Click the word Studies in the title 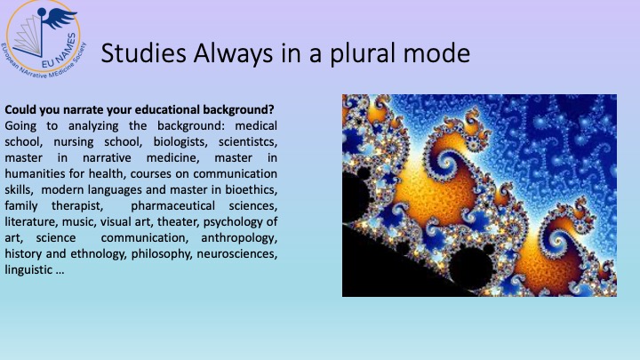tap(144, 53)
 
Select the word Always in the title tap(234, 54)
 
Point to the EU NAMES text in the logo tap(60, 51)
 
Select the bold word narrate tap(84, 110)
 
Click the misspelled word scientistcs tap(248, 141)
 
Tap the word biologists tap(180, 141)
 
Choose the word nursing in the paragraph tap(74, 141)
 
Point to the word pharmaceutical tap(172, 205)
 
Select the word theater tap(179, 221)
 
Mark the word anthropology tap(239, 238)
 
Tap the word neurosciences tap(237, 254)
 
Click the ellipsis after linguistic tap(60, 273)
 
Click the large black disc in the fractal tap(472, 268)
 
